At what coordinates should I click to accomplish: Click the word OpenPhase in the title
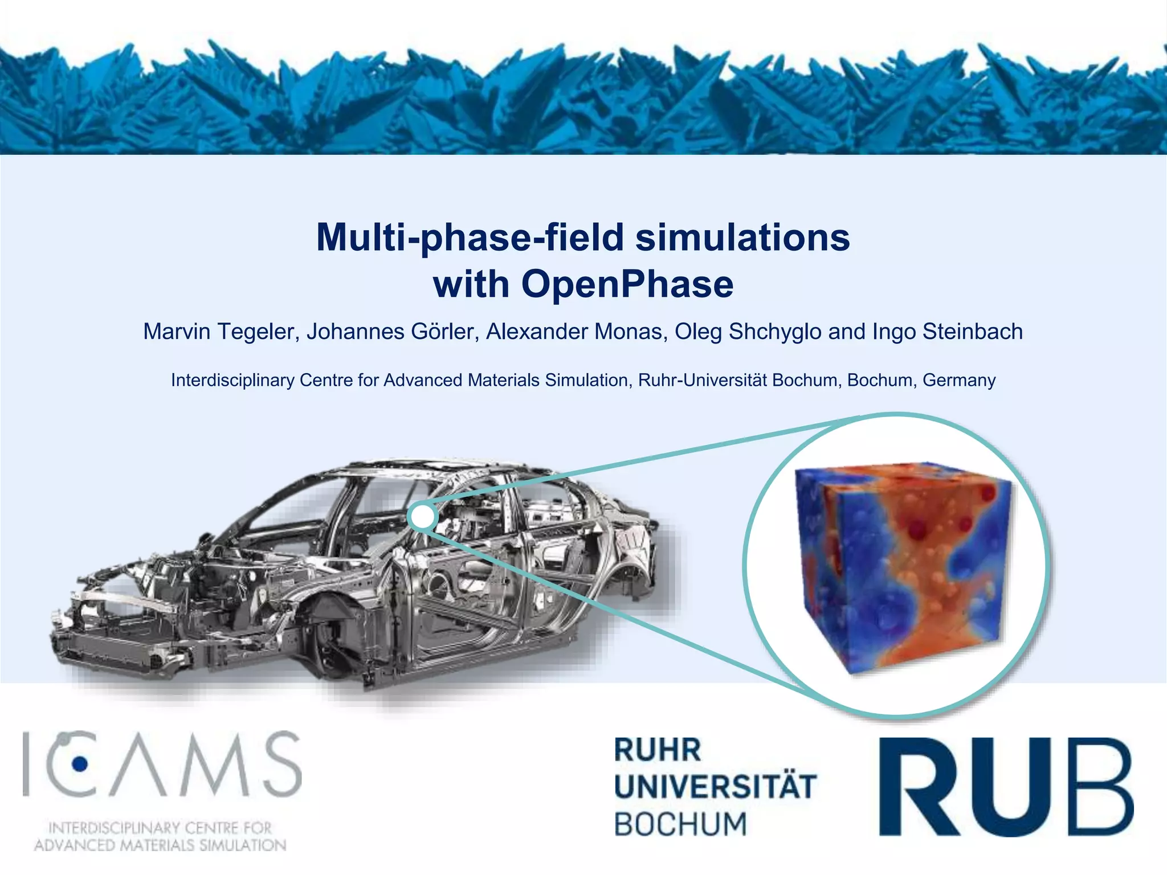pos(627,284)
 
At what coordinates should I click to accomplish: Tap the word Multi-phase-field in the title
pos(470,237)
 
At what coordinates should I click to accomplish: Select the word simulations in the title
pos(742,237)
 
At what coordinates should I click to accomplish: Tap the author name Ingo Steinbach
pos(948,332)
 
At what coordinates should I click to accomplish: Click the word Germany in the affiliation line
pos(959,380)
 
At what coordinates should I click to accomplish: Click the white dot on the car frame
pos(422,517)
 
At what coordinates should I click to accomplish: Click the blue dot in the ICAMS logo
pos(80,763)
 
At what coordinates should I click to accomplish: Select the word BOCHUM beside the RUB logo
pos(680,824)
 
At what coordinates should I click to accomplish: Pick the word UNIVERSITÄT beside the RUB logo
pos(715,787)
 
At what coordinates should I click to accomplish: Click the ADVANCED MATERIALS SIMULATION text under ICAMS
pos(160,845)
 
